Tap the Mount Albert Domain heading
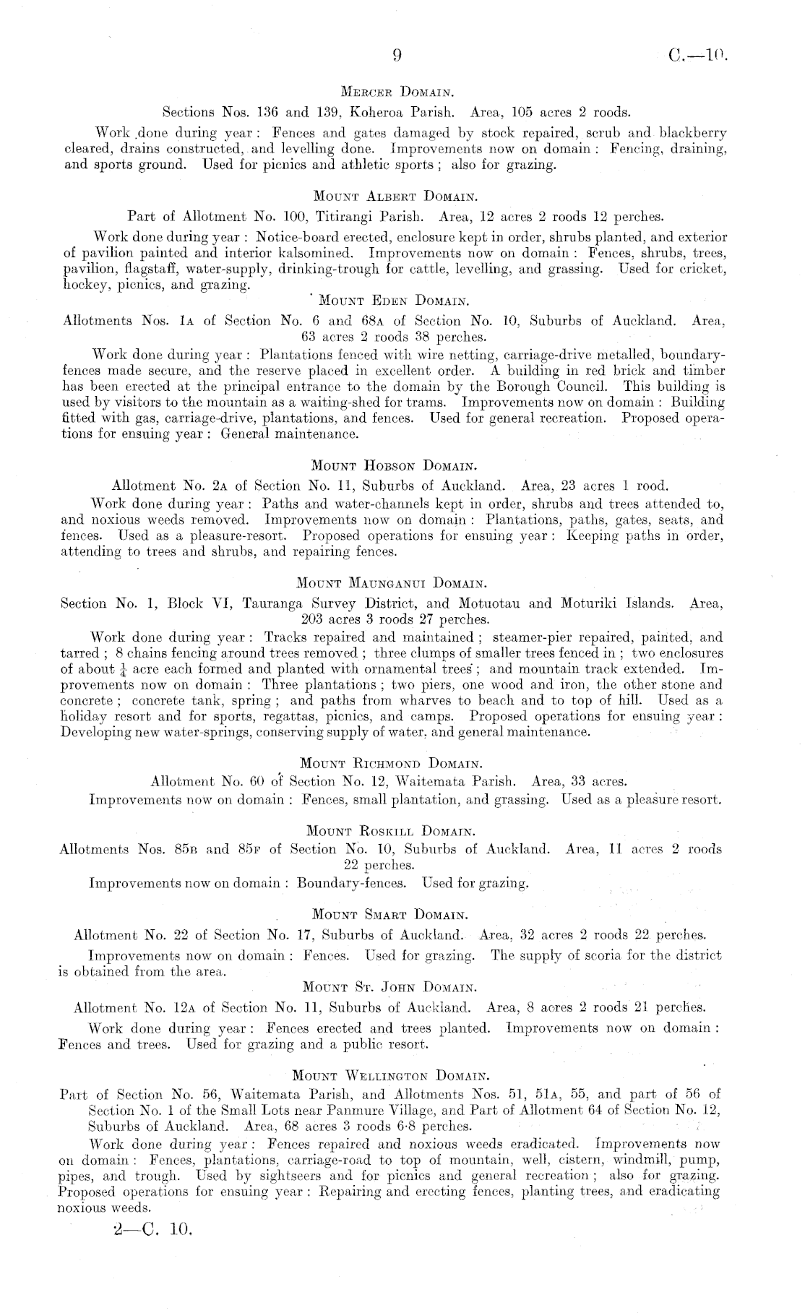point(395,196)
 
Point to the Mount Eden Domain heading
point(395,301)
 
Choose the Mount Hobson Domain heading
point(395,465)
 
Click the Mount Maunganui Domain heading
point(395,582)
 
